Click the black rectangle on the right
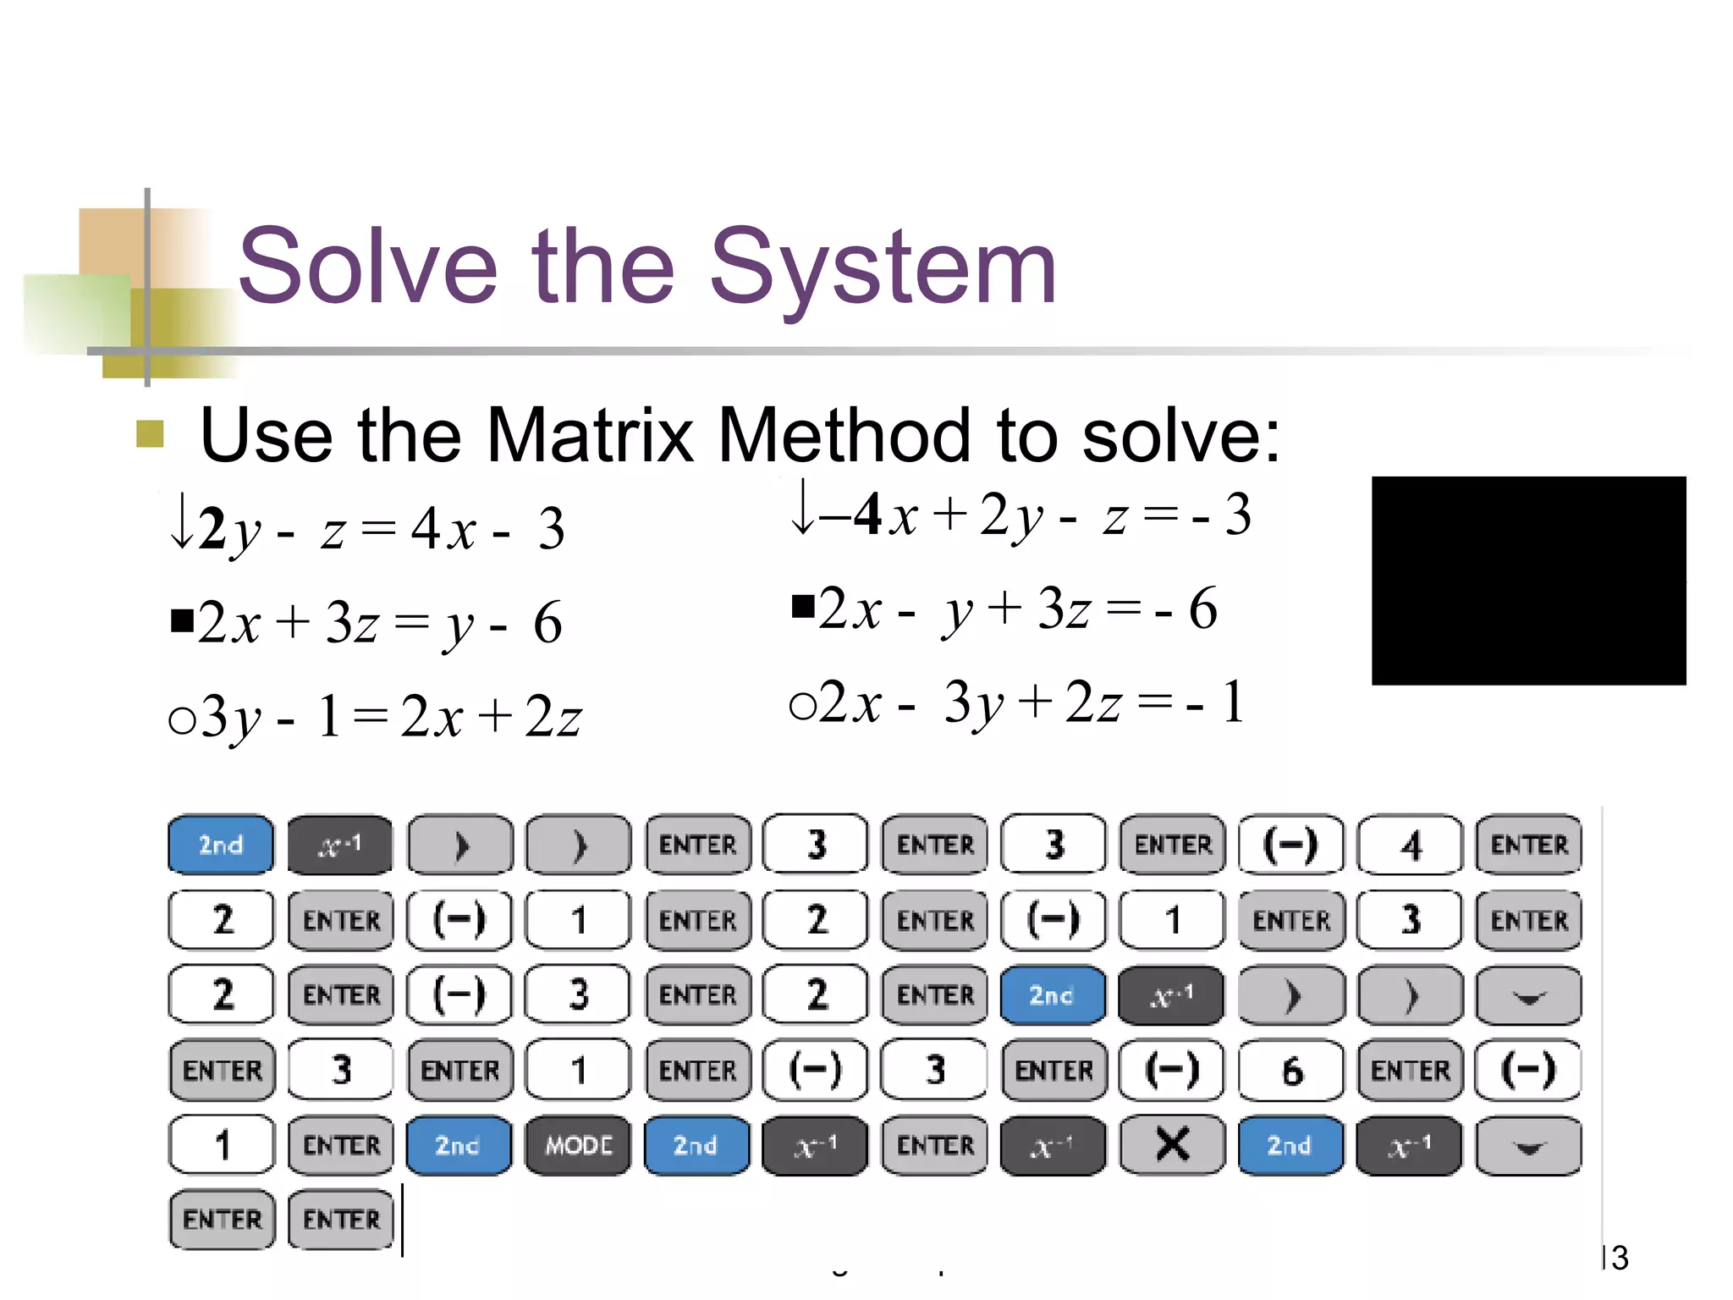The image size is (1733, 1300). (1528, 581)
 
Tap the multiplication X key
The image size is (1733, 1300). (1172, 1145)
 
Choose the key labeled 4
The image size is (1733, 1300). (1410, 845)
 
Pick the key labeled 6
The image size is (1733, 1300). (1291, 1071)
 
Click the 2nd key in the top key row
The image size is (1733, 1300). (221, 845)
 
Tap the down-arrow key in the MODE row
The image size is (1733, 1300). (1528, 1146)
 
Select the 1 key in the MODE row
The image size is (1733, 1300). (222, 1145)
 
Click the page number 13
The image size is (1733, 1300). (1615, 1258)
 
